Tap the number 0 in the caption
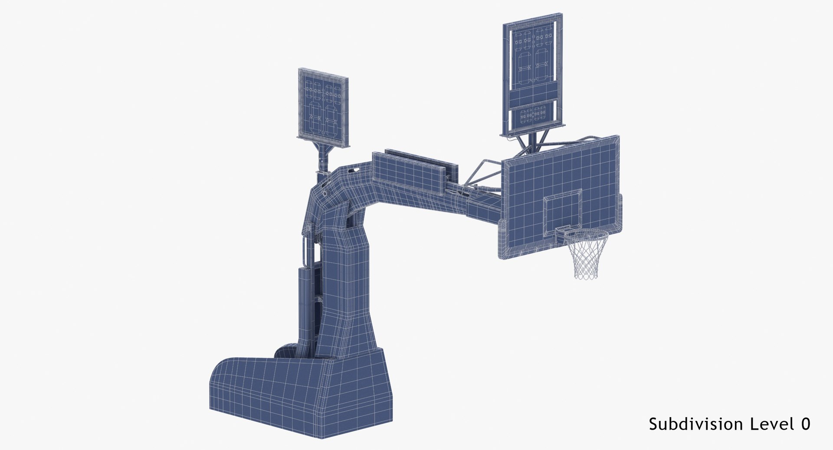coord(805,424)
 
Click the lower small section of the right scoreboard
coord(532,115)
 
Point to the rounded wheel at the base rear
coord(286,351)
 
